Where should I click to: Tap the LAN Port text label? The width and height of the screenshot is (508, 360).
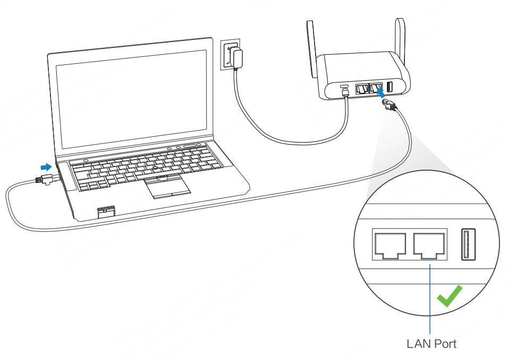click(x=431, y=344)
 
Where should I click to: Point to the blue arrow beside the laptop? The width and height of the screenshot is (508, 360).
click(x=47, y=167)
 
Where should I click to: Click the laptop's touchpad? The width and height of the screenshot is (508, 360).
click(x=167, y=187)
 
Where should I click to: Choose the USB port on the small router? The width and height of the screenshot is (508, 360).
click(x=390, y=87)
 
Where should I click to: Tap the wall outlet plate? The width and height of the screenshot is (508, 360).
click(x=228, y=54)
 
